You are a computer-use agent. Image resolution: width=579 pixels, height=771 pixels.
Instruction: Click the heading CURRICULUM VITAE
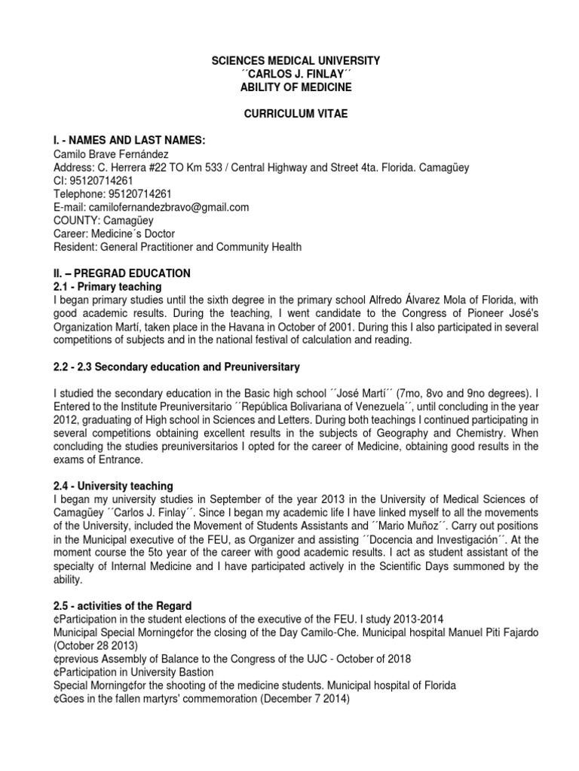tap(289, 113)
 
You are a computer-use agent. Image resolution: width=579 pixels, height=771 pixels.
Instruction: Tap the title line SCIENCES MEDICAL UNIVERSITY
tap(289, 59)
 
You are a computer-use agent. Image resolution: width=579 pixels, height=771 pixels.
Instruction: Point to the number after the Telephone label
tap(150, 194)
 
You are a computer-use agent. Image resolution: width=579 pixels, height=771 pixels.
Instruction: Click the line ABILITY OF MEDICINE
tap(289, 87)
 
